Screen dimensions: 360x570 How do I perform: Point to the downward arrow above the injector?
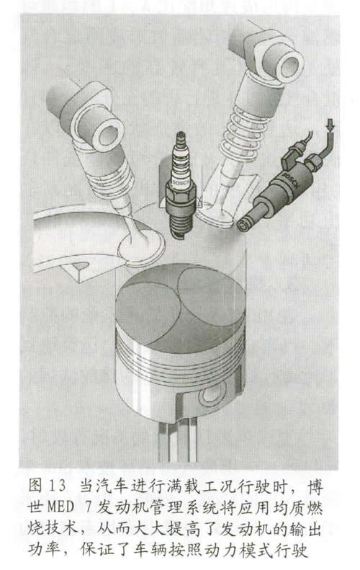(330, 126)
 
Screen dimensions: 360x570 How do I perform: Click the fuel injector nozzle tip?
(243, 226)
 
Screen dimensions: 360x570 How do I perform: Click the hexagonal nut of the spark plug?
(181, 192)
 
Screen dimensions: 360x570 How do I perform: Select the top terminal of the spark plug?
(180, 138)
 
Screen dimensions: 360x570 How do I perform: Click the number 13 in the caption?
(58, 486)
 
